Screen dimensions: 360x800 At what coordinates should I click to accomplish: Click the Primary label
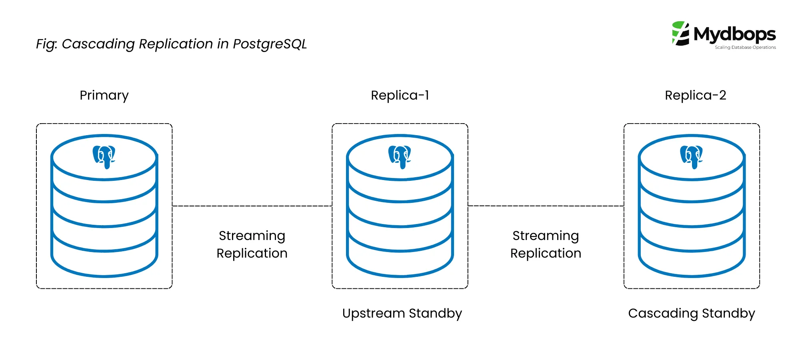point(104,95)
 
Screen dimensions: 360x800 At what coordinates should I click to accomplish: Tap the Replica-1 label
point(400,95)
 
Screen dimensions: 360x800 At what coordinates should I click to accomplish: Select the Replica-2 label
point(695,95)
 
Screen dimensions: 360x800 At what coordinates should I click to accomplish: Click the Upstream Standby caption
point(402,313)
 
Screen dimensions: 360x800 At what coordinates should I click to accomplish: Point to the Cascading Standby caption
point(692,313)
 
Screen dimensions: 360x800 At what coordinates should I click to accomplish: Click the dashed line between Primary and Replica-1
point(252,206)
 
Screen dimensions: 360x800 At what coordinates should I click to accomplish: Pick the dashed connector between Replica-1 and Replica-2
point(546,206)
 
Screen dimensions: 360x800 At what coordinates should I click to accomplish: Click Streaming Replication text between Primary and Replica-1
point(252,244)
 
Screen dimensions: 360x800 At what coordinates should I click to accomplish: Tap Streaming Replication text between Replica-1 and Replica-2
point(546,244)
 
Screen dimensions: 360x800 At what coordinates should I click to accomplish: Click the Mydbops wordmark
point(734,34)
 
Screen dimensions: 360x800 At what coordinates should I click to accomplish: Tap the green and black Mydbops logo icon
point(680,34)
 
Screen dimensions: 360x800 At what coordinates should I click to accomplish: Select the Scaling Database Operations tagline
point(745,47)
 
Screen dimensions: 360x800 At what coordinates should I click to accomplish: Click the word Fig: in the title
point(47,44)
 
